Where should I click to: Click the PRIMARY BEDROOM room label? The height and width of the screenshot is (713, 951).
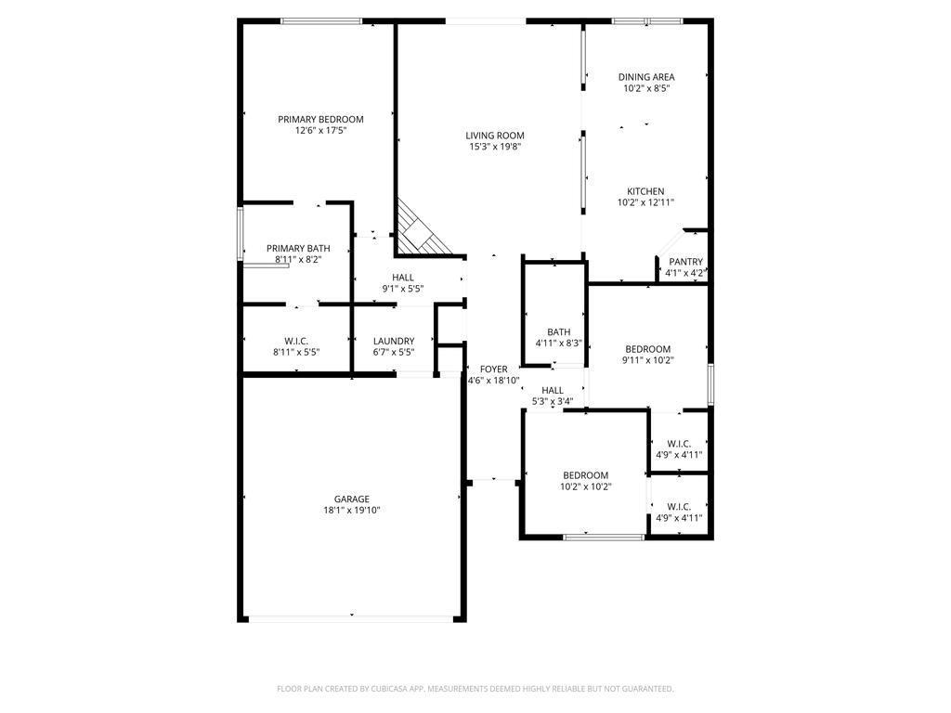[320, 120]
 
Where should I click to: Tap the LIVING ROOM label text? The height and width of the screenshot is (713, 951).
[495, 136]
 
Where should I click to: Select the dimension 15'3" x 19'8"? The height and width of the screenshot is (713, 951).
[495, 147]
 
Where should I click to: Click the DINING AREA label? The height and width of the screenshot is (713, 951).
[646, 77]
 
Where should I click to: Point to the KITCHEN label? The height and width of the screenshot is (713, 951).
[645, 191]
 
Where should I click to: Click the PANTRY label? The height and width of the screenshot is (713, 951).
[685, 262]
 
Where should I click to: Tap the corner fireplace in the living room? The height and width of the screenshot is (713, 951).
[420, 232]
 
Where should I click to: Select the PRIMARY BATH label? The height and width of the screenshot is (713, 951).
[298, 249]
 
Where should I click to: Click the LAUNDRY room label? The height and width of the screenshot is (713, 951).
[394, 341]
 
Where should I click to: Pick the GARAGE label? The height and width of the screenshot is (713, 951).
[352, 499]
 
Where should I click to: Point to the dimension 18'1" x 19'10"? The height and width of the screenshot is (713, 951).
[352, 511]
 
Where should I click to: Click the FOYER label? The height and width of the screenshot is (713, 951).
[493, 369]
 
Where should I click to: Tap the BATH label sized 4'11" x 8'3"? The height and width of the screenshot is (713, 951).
[558, 332]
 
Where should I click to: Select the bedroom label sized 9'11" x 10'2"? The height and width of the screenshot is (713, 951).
[647, 349]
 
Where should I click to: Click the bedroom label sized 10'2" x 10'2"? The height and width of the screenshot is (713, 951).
[585, 475]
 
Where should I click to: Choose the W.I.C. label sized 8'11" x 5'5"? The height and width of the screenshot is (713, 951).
[295, 341]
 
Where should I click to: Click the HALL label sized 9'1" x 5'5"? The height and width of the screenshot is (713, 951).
[403, 278]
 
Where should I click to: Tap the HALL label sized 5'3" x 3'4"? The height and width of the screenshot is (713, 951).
[552, 391]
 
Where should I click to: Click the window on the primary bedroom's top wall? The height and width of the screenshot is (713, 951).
[321, 21]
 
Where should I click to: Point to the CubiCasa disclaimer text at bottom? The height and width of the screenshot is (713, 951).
[475, 689]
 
